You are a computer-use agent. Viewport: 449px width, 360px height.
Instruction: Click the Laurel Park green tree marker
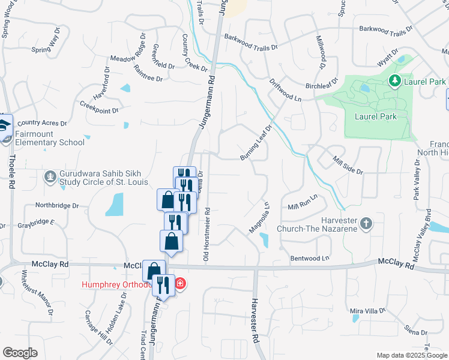tap(394, 80)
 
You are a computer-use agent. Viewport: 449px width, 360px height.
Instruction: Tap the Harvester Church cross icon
tap(366, 225)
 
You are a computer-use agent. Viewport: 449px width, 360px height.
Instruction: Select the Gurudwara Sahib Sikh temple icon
tap(50, 177)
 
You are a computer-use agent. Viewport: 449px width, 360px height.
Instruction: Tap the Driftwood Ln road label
tap(285, 89)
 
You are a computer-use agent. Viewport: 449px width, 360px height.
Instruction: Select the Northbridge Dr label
tap(58, 205)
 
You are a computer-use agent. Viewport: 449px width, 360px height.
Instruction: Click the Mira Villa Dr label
tap(368, 311)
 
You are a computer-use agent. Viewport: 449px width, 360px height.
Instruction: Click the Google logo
tap(20, 353)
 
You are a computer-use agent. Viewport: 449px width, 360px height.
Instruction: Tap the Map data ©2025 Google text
tap(411, 355)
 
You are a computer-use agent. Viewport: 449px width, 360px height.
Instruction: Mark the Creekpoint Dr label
tap(99, 107)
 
